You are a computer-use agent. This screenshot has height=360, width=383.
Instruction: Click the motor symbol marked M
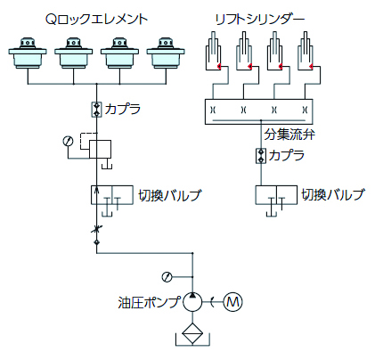coord(232,302)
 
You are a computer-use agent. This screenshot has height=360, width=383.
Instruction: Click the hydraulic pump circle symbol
coord(192,302)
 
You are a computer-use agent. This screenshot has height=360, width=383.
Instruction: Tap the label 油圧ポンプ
coord(149,302)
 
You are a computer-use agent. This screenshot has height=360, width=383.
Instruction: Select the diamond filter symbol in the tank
coord(192,333)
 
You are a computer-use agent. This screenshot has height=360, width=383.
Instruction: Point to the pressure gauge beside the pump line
coord(167,277)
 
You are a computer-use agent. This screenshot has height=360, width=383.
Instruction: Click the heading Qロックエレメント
coord(96,19)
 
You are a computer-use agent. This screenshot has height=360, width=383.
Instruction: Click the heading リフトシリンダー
coord(260,20)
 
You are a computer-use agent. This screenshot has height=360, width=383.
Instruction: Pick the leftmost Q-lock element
coord(28,53)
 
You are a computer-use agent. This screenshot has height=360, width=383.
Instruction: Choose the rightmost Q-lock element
coord(166,53)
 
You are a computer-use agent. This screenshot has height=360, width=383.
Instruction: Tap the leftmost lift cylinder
coord(213,51)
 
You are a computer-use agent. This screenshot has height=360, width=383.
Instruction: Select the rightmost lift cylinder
coord(306,51)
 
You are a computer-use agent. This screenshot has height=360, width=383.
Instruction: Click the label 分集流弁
coord(289,135)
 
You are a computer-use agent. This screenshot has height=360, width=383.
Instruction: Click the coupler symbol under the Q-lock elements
coord(96,110)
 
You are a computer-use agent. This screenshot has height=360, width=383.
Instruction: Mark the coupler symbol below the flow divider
coord(261,156)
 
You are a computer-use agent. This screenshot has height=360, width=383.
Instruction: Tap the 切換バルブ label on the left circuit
coord(170,195)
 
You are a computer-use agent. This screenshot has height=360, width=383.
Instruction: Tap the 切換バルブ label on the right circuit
coord(332,195)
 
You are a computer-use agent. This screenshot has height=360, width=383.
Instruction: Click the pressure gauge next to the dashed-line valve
coord(68,141)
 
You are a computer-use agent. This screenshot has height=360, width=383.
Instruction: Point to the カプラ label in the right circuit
coord(287,155)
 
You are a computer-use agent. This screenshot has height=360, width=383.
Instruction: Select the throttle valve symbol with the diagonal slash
coord(96,229)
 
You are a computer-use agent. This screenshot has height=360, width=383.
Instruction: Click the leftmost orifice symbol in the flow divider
coord(213,110)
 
